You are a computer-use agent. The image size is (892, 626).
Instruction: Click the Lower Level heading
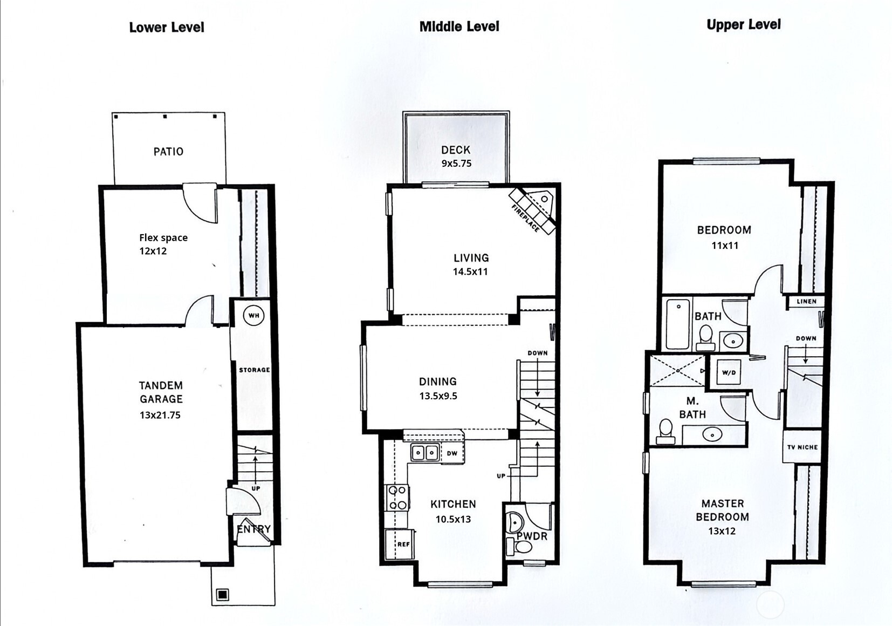[x=167, y=28]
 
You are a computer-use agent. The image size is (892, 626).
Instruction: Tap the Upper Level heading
[x=744, y=25]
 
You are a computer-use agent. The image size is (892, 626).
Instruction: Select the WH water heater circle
[x=253, y=316]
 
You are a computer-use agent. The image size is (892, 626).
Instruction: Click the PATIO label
[x=168, y=152]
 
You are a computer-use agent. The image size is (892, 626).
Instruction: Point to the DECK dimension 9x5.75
[x=456, y=164]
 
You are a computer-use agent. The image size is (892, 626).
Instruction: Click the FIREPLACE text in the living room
[x=526, y=218]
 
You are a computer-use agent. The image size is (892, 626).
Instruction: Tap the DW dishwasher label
[x=452, y=453]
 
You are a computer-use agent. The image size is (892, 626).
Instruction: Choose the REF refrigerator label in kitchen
[x=403, y=545]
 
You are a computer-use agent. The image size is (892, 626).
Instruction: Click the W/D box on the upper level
[x=729, y=372]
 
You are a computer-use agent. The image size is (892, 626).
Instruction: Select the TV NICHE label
[x=802, y=447]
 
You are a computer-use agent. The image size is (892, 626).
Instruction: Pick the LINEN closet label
[x=806, y=301]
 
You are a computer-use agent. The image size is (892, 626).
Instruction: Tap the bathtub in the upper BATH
[x=677, y=324]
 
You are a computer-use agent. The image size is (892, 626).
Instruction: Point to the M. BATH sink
[x=712, y=434]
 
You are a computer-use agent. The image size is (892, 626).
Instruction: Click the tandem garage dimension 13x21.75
[x=160, y=415]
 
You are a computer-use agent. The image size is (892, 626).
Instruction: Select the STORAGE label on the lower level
[x=255, y=370]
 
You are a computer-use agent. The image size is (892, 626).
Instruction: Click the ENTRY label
[x=253, y=529]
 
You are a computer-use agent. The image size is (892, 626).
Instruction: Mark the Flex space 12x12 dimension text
[x=153, y=251]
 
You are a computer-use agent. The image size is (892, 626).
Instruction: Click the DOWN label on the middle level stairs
[x=538, y=353]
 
